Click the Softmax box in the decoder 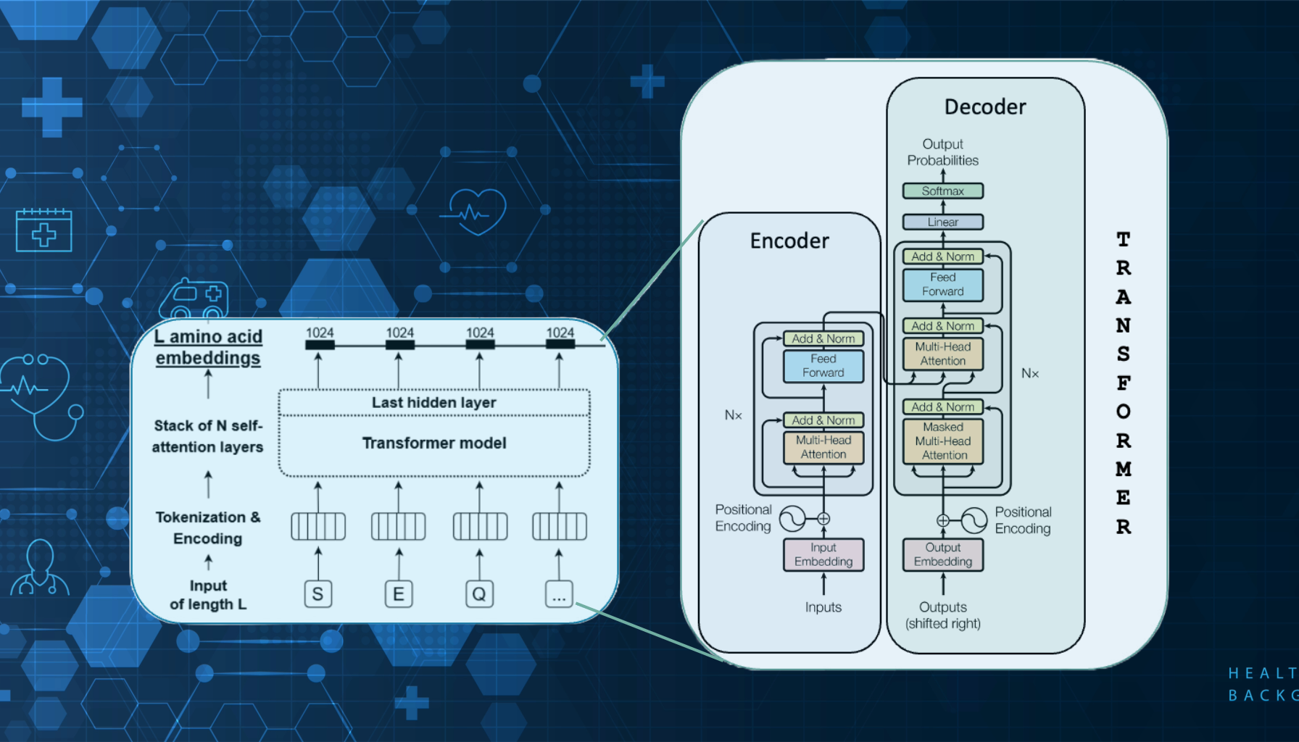[x=942, y=191]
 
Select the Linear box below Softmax [x=942, y=222]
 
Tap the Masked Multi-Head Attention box [x=943, y=441]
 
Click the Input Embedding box [x=823, y=554]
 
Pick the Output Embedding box [x=942, y=554]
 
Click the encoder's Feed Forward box [x=823, y=366]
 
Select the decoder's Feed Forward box [x=942, y=285]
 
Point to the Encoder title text [x=789, y=241]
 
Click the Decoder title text [x=985, y=107]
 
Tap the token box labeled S [x=318, y=594]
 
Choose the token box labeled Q [x=479, y=594]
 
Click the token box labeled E [x=399, y=594]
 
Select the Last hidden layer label [x=433, y=402]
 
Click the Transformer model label [x=434, y=443]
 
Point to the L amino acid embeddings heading [x=208, y=347]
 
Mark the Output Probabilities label [x=942, y=152]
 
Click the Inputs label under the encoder [x=823, y=607]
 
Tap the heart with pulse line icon [x=476, y=211]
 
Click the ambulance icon [x=194, y=299]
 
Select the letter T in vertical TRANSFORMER [x=1123, y=239]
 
